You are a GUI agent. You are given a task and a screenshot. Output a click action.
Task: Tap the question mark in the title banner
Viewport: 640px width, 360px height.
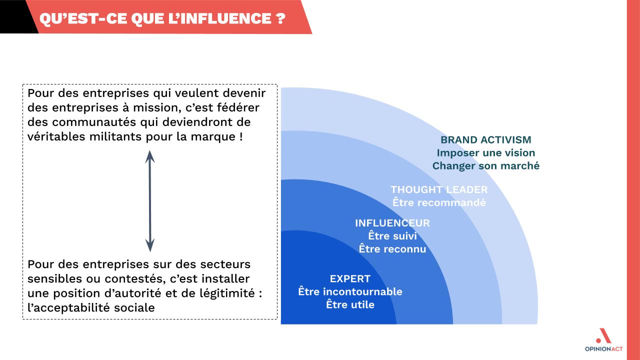point(281,19)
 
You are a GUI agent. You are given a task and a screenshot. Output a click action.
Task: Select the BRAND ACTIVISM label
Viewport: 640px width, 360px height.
point(485,139)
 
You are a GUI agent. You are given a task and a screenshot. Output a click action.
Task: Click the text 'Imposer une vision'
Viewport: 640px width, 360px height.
point(485,153)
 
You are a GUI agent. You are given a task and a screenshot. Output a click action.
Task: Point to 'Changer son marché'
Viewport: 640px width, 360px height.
point(485,165)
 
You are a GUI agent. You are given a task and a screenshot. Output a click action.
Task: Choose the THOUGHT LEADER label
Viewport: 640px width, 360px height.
point(439,189)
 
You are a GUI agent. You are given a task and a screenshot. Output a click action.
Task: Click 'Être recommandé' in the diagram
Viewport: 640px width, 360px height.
point(439,202)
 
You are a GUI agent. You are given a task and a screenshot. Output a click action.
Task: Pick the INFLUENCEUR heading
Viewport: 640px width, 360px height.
point(392,223)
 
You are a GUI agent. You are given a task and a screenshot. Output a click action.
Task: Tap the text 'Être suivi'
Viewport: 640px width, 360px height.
point(392,235)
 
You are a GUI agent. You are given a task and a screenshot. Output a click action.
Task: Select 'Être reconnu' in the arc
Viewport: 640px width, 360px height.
point(392,249)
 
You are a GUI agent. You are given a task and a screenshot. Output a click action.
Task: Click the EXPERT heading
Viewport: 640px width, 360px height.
point(350,278)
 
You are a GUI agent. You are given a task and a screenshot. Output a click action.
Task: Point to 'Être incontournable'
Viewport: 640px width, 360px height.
point(350,291)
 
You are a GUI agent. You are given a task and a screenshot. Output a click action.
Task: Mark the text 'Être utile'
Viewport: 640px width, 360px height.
point(350,304)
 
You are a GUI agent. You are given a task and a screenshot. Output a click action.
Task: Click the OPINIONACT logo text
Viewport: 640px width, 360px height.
point(603,349)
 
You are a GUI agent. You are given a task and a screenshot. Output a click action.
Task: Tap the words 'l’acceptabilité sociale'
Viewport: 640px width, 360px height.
point(91,307)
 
